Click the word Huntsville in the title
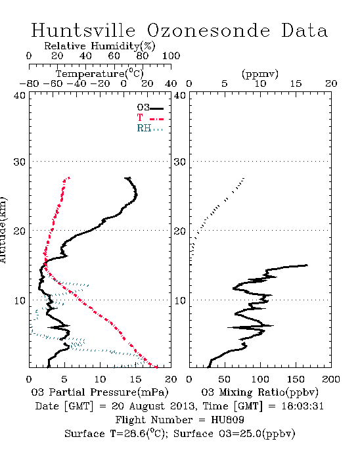(x=83, y=30)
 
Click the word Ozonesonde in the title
(x=208, y=30)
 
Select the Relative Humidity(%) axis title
(x=100, y=46)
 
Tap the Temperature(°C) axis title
(x=100, y=74)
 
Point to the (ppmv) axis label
(x=260, y=74)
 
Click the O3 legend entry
(x=150, y=108)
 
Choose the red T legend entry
(x=150, y=118)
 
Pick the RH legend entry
(x=150, y=128)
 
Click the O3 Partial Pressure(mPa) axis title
(x=100, y=392)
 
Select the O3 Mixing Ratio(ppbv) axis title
(x=259, y=392)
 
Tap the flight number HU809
(x=227, y=420)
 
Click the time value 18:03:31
(x=303, y=406)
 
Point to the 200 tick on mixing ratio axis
(x=331, y=379)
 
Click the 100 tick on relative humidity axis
(x=171, y=56)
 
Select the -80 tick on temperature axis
(x=29, y=84)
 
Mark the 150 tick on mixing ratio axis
(x=296, y=379)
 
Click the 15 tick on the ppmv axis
(x=296, y=84)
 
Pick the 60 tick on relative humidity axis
(x=114, y=56)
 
